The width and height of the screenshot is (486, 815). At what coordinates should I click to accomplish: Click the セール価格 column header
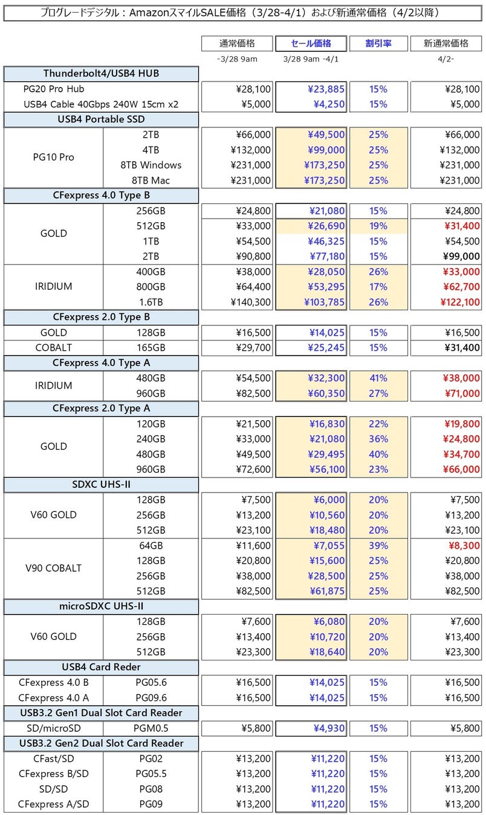(x=311, y=43)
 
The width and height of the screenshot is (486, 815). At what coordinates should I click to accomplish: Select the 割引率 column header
(x=378, y=43)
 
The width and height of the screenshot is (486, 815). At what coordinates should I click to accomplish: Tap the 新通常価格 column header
(x=446, y=43)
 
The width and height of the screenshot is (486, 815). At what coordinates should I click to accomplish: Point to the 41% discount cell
(x=378, y=379)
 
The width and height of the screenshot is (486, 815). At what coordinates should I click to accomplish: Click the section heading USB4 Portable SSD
(x=101, y=120)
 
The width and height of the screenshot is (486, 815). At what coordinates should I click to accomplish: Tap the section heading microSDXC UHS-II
(x=101, y=606)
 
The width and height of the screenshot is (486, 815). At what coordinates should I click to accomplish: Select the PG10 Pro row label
(x=53, y=158)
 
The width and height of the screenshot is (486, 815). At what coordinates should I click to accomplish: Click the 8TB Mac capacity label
(x=151, y=181)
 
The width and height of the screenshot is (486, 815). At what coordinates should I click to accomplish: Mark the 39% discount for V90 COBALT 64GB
(x=378, y=546)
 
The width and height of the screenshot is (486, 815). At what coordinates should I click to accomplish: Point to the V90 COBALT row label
(x=53, y=568)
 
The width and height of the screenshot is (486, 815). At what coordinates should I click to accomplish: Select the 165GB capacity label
(x=151, y=348)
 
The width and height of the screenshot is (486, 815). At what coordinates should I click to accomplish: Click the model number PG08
(x=151, y=789)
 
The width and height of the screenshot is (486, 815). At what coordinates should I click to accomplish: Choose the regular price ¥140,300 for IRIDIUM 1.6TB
(x=250, y=302)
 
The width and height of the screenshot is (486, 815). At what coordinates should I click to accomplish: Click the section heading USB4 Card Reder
(x=101, y=667)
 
